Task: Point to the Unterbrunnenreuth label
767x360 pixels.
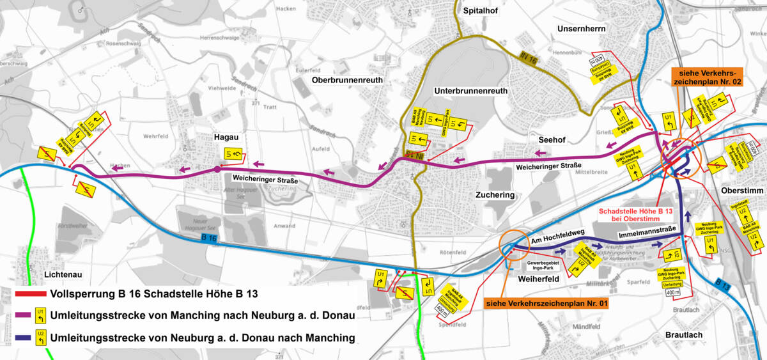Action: [x=470, y=91]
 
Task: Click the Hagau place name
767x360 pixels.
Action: [x=227, y=136]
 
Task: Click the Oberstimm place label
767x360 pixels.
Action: [x=741, y=191]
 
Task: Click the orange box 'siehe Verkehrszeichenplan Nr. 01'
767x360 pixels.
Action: [x=546, y=303]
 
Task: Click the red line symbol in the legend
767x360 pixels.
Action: [x=29, y=293]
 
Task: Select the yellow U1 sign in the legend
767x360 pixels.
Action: [x=40, y=315]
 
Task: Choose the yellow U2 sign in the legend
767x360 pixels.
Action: [x=40, y=337]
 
